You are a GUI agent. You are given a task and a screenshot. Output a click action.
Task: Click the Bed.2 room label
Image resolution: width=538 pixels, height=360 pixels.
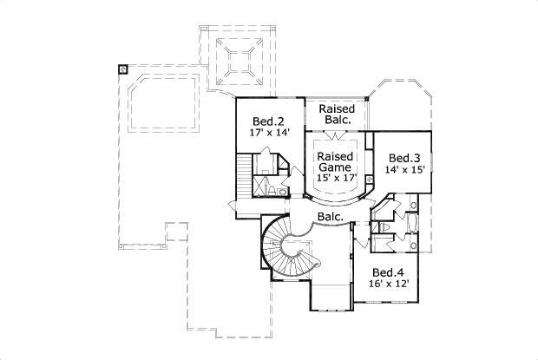coord(265,122)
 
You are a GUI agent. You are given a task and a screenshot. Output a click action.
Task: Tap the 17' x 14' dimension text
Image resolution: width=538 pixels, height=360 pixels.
coord(265,134)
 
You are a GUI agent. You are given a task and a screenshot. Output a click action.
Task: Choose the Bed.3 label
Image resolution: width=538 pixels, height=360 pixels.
coord(404,158)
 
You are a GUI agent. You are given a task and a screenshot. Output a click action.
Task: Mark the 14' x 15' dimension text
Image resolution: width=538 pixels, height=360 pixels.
coord(404,171)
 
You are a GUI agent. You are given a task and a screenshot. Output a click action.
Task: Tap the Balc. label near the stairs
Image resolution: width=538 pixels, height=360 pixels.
coord(329,216)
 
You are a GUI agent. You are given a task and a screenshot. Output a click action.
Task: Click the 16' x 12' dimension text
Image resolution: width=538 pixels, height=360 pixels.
coord(389,284)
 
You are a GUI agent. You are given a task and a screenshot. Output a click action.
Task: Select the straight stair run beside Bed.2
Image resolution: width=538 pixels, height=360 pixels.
coord(243,178)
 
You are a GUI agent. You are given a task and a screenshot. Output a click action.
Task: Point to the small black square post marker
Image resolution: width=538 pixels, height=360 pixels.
coord(123,68)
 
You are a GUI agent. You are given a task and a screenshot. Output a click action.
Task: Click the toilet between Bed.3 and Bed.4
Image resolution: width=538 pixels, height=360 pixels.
coord(384,226)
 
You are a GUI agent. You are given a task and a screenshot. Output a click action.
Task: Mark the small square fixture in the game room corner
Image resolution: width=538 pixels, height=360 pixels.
coord(368,180)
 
